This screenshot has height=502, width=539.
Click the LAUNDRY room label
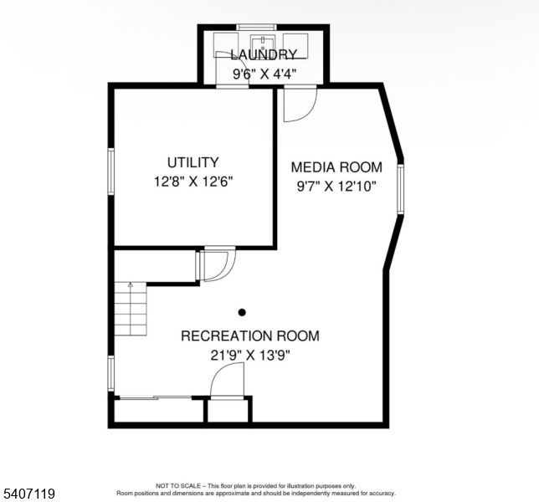[x=264, y=54]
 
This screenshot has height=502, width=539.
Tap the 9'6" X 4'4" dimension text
[x=264, y=74]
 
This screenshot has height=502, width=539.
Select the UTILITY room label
[x=192, y=162]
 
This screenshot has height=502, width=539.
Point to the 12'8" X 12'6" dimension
[x=193, y=182]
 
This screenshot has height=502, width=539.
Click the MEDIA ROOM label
[x=336, y=167]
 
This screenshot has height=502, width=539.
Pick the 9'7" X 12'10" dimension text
[x=336, y=187]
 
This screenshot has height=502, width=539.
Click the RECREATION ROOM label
[x=250, y=336]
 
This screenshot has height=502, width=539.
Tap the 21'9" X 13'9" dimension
[x=250, y=355]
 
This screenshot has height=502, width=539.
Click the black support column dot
[x=242, y=312]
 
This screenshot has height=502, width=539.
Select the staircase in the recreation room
[x=131, y=309]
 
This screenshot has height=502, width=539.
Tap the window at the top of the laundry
[x=256, y=27]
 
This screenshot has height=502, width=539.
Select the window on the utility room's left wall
[x=111, y=172]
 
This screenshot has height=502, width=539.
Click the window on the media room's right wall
[x=400, y=189]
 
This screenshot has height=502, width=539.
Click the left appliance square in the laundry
[x=226, y=45]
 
